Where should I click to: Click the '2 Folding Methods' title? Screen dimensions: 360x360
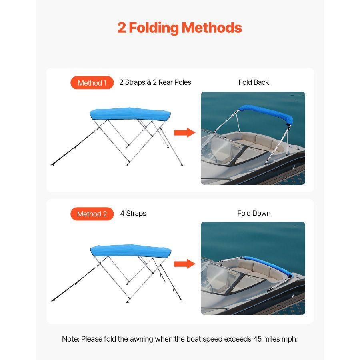[x=180, y=28]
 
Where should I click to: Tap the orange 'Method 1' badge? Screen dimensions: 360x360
[x=92, y=83]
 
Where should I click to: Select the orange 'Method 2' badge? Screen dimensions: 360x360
[x=92, y=214]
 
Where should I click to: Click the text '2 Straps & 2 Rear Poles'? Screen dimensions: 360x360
[x=155, y=82]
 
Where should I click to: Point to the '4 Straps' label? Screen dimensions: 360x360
[x=133, y=213]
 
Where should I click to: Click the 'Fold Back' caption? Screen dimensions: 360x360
[x=254, y=82]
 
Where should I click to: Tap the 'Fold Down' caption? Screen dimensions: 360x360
[x=254, y=213]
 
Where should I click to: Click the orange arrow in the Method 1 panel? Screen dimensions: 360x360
[x=184, y=132]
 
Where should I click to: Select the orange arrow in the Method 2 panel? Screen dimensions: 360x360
[x=184, y=264]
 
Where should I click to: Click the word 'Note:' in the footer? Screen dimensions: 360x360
[x=70, y=339]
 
